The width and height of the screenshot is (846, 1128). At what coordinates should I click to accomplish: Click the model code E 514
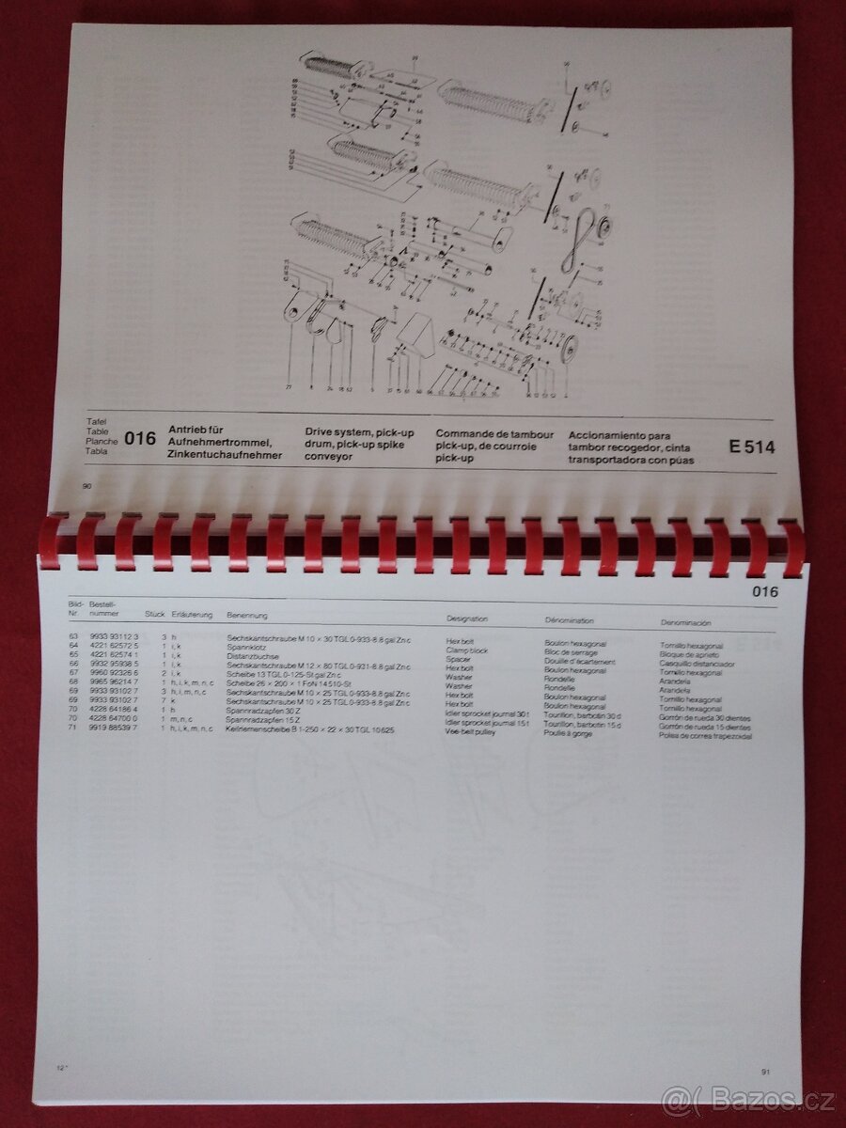pyautogui.click(x=752, y=447)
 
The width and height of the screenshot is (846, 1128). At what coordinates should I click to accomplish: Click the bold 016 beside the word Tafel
pyautogui.click(x=139, y=439)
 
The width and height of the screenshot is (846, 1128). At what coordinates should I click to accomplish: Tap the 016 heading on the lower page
pyautogui.click(x=765, y=591)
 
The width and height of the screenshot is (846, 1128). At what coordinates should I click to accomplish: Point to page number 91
pyautogui.click(x=765, y=1071)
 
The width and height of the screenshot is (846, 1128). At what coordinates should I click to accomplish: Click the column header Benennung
pyautogui.click(x=248, y=616)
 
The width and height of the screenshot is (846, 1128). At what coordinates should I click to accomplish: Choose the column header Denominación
pyautogui.click(x=685, y=622)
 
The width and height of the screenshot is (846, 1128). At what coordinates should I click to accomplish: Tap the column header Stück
pyautogui.click(x=154, y=615)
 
